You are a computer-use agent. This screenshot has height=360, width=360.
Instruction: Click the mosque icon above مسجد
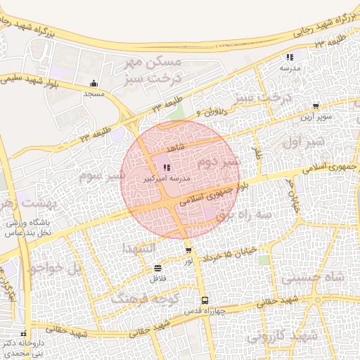click(94, 84)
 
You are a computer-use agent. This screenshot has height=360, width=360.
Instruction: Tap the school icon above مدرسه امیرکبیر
click(166, 168)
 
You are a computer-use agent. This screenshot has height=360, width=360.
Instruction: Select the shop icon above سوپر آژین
click(316, 106)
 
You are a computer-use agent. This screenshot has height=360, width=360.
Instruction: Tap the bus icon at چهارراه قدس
click(204, 300)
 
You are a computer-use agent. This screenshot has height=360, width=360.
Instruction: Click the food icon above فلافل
click(157, 268)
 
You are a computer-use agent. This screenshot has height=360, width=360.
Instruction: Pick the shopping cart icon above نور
click(188, 250)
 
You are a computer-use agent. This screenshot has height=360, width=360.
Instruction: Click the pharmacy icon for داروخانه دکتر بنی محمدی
click(24, 334)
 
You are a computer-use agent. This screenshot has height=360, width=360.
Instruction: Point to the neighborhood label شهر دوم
click(218, 162)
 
